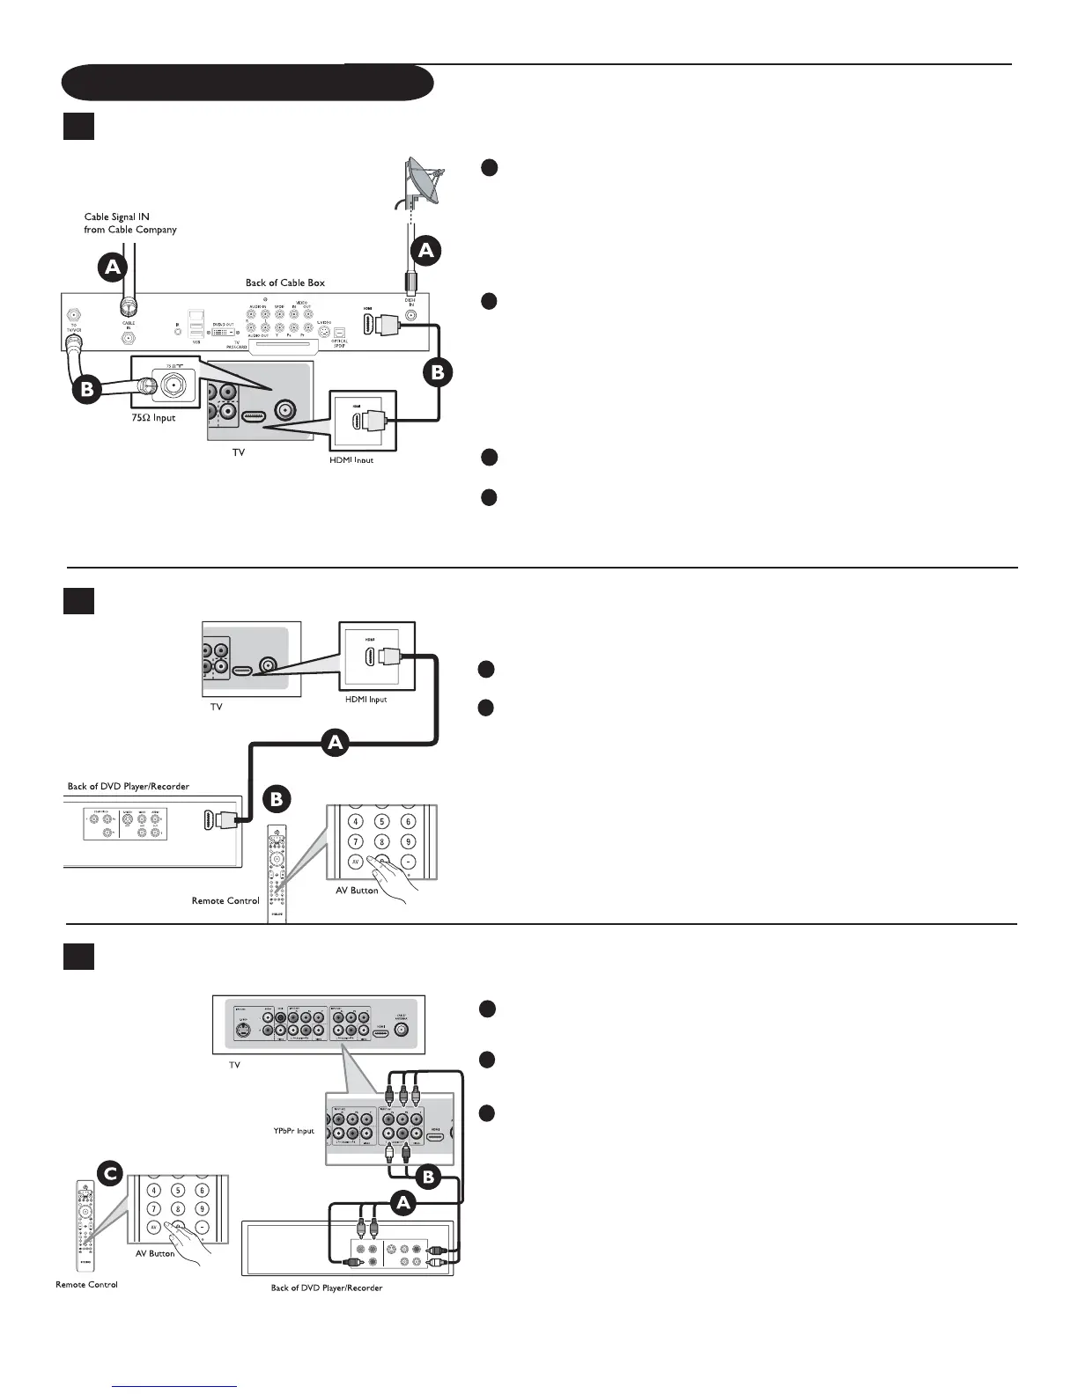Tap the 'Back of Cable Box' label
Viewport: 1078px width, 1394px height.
coord(284,282)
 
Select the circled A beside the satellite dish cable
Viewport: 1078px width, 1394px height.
coord(426,251)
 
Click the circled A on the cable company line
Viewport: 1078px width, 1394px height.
coord(113,267)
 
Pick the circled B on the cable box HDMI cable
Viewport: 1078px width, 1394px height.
coord(437,373)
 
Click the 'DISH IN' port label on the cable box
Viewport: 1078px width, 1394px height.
coord(410,302)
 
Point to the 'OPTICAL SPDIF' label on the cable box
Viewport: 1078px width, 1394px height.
coord(339,343)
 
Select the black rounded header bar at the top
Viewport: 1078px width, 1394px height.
coord(247,83)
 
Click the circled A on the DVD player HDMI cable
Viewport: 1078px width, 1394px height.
coord(335,745)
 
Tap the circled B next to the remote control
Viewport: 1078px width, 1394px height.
coord(277,799)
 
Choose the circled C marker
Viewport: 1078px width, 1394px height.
coord(108,1173)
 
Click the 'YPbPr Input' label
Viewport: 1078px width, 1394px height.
coord(293,1131)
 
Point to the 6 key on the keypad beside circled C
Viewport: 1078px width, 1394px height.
coord(203,1191)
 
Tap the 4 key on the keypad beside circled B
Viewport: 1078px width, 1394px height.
coord(356,821)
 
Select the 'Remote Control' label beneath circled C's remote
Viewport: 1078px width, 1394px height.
coord(86,1284)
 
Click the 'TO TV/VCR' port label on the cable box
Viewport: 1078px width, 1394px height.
coord(75,327)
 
